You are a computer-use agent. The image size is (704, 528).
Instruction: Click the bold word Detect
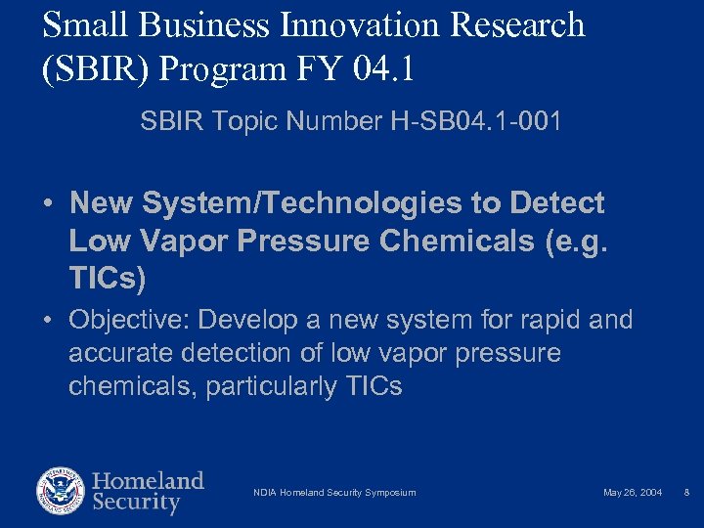[556, 203]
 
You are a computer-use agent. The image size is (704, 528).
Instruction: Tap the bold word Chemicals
[458, 242]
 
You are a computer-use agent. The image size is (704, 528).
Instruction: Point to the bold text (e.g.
[576, 242]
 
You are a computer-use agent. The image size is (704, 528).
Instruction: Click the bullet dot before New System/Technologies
[47, 204]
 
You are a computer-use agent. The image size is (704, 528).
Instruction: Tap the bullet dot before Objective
[47, 321]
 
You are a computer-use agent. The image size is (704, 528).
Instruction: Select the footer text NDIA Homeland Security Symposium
[334, 493]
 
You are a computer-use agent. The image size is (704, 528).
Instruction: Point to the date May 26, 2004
[632, 493]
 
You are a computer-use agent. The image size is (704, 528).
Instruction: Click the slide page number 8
[687, 493]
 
